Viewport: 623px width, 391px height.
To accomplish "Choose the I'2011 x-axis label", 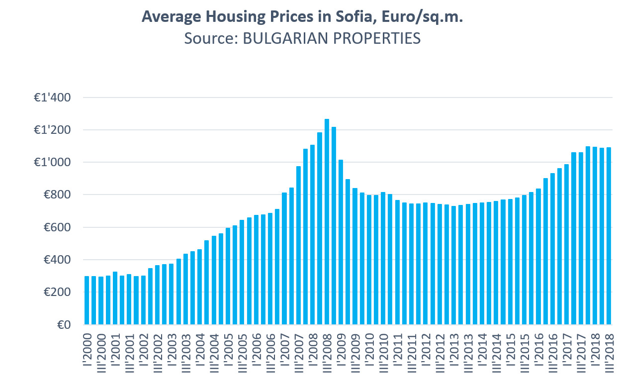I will click(x=397, y=356).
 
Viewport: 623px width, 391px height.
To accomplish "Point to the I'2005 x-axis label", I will click(x=228, y=356).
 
